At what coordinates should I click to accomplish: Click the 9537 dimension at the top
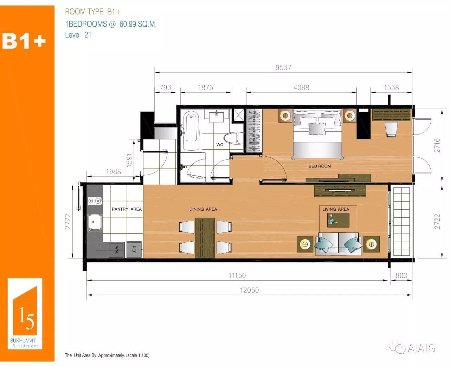click(283, 67)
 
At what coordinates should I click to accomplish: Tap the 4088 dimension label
click(301, 87)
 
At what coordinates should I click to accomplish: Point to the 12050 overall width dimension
click(249, 290)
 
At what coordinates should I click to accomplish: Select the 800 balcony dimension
click(401, 275)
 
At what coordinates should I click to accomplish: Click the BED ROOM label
click(320, 166)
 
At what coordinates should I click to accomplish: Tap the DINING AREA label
click(203, 209)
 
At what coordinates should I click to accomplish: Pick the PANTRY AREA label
click(127, 209)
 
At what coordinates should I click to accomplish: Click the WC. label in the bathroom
click(220, 145)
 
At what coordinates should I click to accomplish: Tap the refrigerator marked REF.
click(134, 250)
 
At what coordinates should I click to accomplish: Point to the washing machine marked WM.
click(117, 250)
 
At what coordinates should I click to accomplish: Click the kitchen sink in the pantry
click(95, 222)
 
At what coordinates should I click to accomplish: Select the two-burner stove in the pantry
click(95, 201)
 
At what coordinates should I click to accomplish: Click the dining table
click(205, 238)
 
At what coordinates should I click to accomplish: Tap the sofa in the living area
click(338, 244)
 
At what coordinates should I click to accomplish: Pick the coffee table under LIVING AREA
click(338, 220)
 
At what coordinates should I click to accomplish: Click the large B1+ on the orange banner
click(24, 41)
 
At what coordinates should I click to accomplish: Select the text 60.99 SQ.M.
click(138, 24)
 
